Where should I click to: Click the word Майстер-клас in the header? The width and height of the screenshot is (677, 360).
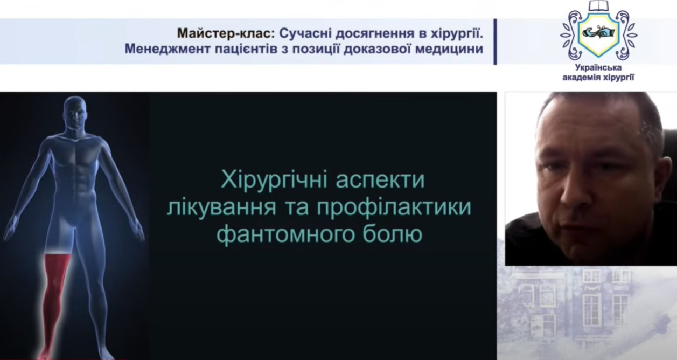(226, 33)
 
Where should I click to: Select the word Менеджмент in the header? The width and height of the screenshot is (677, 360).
(167, 49)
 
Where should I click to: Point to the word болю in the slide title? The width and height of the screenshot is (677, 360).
(392, 234)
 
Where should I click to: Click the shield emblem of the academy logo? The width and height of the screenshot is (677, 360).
(598, 34)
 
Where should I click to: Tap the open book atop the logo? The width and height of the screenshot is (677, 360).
(598, 6)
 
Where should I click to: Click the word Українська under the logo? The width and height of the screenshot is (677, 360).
(598, 68)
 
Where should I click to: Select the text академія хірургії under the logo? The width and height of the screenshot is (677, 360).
(598, 78)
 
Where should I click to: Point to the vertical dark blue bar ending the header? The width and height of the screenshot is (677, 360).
(495, 41)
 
